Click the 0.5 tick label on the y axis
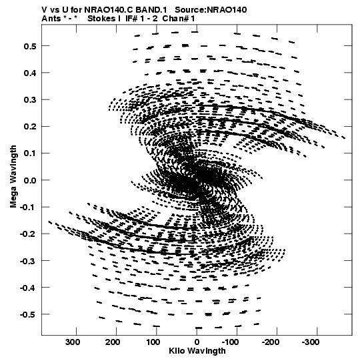coord(30,46)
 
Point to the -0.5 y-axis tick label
coord(28,314)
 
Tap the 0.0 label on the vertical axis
coord(30,180)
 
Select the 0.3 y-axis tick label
coord(30,100)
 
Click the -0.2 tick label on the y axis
coord(28,234)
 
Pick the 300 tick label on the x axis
coord(73,342)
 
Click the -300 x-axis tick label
coord(311,342)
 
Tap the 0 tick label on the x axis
coord(197,342)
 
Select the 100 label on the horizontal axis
coord(153,342)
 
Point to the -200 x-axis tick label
coord(271,342)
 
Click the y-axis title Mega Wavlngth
coord(13,177)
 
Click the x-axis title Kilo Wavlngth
coord(197,351)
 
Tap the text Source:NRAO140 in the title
coord(211,10)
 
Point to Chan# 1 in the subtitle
coord(179,19)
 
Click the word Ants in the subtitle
coord(51,19)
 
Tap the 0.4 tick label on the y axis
coord(30,73)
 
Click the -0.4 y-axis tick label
coord(28,288)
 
